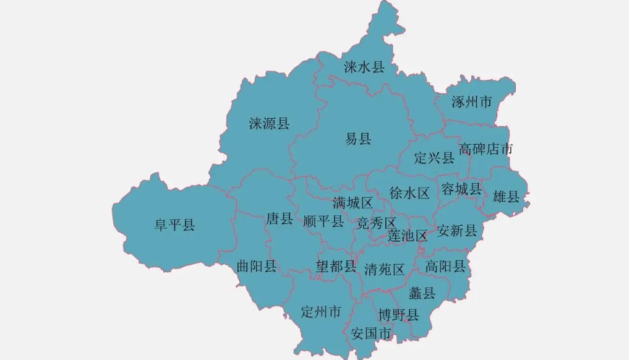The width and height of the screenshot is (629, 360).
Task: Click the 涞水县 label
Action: (364, 67)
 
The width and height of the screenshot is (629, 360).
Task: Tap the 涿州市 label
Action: (471, 101)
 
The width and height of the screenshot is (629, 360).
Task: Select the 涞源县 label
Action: (269, 124)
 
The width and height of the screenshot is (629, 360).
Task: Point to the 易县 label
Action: (358, 139)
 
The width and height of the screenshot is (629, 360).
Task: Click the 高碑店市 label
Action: (486, 149)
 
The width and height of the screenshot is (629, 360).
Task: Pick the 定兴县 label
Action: (434, 158)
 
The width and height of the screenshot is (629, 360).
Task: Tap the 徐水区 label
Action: (409, 193)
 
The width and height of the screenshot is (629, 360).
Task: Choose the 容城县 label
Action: (461, 189)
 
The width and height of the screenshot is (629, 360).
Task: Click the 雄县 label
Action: (506, 197)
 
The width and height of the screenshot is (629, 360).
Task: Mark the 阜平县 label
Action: (174, 225)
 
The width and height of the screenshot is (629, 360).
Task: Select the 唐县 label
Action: (280, 218)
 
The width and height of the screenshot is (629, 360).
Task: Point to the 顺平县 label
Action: (323, 221)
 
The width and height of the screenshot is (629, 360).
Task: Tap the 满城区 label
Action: (353, 203)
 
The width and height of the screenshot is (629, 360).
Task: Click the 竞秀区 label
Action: (376, 223)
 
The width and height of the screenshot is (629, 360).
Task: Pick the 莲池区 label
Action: (408, 236)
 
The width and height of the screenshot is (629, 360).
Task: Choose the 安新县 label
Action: (457, 231)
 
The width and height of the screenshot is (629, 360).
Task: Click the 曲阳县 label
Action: (257, 266)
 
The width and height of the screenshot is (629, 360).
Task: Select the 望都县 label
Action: (336, 267)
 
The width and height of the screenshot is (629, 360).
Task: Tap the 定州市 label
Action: (320, 312)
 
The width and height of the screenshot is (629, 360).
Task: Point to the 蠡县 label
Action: (422, 293)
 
